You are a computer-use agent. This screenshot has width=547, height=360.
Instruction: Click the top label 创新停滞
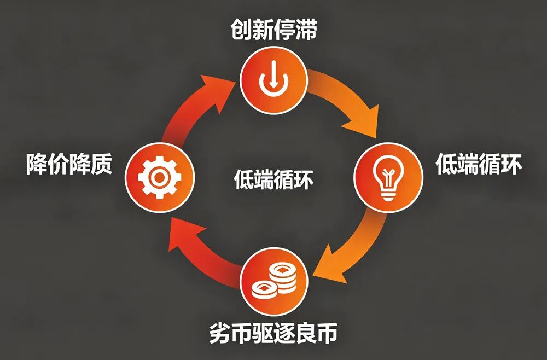(273, 30)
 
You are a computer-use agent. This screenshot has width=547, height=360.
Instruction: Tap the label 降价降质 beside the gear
(69, 164)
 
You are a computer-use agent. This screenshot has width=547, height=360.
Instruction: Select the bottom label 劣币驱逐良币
(273, 333)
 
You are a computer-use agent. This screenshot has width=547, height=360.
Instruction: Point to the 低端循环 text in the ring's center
(273, 179)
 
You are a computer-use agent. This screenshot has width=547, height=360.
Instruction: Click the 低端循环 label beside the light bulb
(479, 164)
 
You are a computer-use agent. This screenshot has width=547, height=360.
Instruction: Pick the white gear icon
(159, 178)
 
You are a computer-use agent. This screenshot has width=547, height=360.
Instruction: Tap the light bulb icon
(388, 177)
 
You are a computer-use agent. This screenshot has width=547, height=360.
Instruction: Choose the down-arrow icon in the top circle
(273, 79)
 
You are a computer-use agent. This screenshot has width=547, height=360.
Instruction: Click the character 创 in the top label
(241, 30)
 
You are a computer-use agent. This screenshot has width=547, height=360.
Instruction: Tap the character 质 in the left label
(102, 164)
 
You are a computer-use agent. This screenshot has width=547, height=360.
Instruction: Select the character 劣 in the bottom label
(220, 333)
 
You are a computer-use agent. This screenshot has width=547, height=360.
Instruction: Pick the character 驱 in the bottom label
(263, 333)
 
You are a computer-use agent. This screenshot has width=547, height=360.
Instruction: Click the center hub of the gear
(159, 178)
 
